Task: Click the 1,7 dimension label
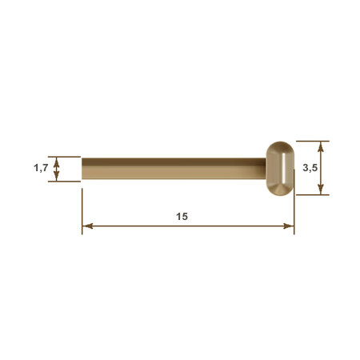click(41, 168)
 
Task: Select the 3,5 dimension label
click(310, 168)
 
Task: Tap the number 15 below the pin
click(182, 216)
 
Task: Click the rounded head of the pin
click(280, 169)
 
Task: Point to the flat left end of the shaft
click(82, 169)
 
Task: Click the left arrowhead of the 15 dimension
click(87, 226)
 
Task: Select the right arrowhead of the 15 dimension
click(288, 226)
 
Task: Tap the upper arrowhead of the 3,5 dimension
click(321, 146)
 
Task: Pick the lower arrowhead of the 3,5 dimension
click(321, 190)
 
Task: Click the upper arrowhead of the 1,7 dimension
click(56, 162)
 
